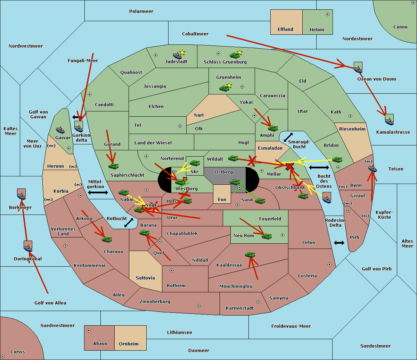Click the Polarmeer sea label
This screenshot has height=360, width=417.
coord(141,11)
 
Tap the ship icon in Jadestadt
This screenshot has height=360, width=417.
coord(177,56)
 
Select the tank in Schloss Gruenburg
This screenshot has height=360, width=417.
coord(235,55)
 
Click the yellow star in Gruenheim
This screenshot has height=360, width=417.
coord(229,85)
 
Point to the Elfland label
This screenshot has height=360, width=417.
coord(285,30)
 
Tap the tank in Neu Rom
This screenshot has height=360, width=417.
coord(267,236)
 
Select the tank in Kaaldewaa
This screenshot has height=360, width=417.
coord(250,255)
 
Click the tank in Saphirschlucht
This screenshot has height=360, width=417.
coord(113,166)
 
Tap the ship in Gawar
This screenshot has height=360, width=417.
coord(60,130)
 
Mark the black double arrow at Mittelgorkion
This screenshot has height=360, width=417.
coord(98,192)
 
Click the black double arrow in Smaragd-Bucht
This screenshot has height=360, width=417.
coord(288,137)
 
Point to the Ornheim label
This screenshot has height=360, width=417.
coord(129,344)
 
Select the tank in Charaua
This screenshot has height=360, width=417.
coord(107,239)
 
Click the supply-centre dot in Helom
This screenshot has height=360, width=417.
coord(327,14)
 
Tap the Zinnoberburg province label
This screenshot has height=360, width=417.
coord(155,302)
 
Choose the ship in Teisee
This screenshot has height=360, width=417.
coord(373,169)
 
